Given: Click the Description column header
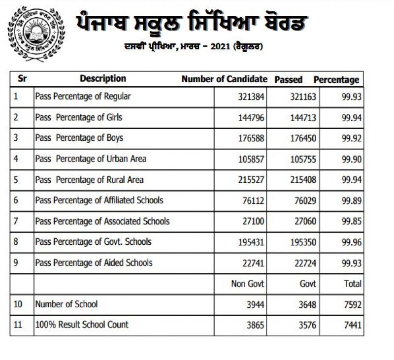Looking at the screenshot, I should [103, 79].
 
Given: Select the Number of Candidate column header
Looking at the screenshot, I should [224, 79].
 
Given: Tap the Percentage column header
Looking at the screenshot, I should [336, 80].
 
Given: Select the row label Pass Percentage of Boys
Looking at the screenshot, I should [79, 138].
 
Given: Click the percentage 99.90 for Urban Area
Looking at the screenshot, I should [352, 159].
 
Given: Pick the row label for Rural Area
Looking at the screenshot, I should [89, 180].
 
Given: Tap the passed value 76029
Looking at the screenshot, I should [303, 200].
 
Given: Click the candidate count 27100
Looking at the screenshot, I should [252, 222].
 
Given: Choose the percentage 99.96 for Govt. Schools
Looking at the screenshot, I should [352, 242].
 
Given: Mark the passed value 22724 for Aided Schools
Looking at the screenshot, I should [303, 262].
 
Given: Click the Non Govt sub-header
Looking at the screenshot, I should [248, 283].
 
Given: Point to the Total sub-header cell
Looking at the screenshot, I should [353, 283].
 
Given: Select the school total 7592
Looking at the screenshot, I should [354, 304].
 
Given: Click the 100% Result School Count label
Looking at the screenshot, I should [82, 325].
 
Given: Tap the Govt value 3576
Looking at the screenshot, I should [306, 325].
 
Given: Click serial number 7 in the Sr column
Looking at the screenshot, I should [16, 221].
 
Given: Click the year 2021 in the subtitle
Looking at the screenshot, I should [219, 47].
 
